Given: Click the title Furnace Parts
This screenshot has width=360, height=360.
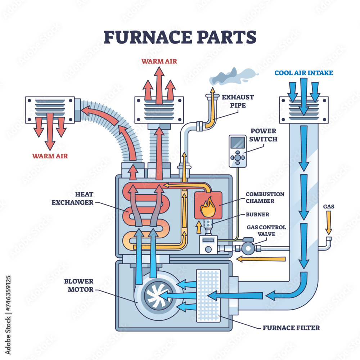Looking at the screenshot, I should pyautogui.click(x=180, y=37).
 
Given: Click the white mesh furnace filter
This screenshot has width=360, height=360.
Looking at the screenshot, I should pyautogui.click(x=208, y=295).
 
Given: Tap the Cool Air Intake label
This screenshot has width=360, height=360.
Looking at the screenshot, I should pyautogui.click(x=303, y=73).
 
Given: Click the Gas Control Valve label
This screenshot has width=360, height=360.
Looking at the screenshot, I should pyautogui.click(x=266, y=231).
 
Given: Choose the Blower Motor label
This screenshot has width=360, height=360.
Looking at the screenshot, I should pyautogui.click(x=79, y=285).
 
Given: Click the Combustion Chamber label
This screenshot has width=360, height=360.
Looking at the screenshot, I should pyautogui.click(x=265, y=197).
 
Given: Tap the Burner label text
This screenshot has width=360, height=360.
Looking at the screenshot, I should pyautogui.click(x=257, y=214).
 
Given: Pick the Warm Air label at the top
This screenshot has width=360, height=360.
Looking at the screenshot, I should pyautogui.click(x=159, y=61).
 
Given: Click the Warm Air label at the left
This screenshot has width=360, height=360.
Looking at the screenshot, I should pyautogui.click(x=50, y=156).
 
